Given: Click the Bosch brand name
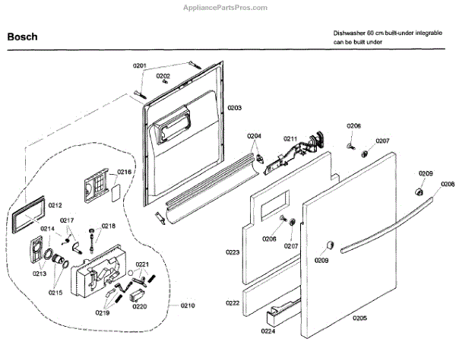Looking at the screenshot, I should (x=23, y=35).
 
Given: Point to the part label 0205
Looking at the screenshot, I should (x=359, y=318).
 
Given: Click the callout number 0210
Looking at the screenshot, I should (x=187, y=305).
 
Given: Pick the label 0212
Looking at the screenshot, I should (x=55, y=204).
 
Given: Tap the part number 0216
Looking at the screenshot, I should (x=125, y=173).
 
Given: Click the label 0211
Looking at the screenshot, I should (x=290, y=138).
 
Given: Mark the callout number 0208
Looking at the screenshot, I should (x=448, y=184).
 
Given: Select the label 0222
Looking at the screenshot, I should (x=233, y=302).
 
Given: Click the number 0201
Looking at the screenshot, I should (x=139, y=66).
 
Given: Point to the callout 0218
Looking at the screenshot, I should (x=109, y=226).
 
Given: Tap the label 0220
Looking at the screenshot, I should (x=139, y=307).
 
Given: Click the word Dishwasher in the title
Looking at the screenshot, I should (x=348, y=34).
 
